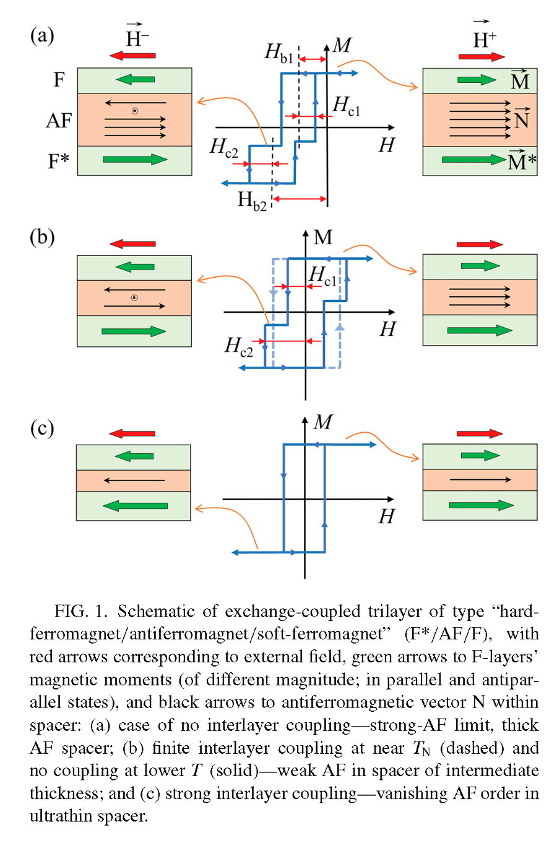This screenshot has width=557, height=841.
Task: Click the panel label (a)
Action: coord(42,36)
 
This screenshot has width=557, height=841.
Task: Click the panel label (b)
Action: coord(42,237)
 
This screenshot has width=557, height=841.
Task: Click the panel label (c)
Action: coord(42,428)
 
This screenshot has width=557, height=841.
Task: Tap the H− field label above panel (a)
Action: coord(137,37)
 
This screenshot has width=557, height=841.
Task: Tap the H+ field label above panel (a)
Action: coord(484,38)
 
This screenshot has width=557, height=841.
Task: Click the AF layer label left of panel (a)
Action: coord(59,121)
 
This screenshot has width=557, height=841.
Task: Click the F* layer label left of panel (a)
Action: coord(58,161)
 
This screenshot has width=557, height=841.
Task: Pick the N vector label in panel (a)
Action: coord(522,119)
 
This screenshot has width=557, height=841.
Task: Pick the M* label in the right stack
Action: coord(521,161)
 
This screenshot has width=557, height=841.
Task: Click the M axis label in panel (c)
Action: coord(322,422)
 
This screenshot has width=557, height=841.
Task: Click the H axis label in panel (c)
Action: coord(387,516)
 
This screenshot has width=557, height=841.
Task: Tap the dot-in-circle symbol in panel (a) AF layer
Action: coord(135,111)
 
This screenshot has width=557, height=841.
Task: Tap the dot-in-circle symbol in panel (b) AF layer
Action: coord(134,298)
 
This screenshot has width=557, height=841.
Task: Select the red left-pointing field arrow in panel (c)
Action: coord(132,433)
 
